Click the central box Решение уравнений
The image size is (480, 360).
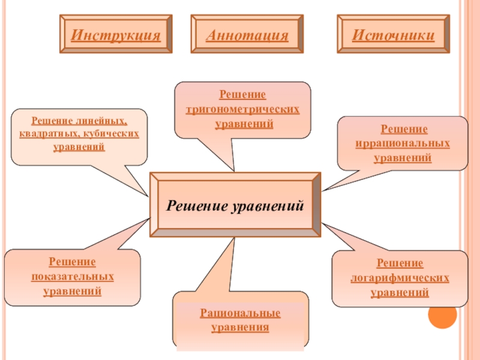(235, 206)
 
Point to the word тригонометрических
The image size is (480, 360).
(242, 110)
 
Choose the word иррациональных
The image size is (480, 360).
(403, 144)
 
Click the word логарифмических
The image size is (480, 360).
(400, 278)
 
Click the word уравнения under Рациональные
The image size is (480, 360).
(240, 328)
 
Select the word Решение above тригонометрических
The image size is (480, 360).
(242, 95)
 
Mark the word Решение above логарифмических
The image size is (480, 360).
(400, 263)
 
